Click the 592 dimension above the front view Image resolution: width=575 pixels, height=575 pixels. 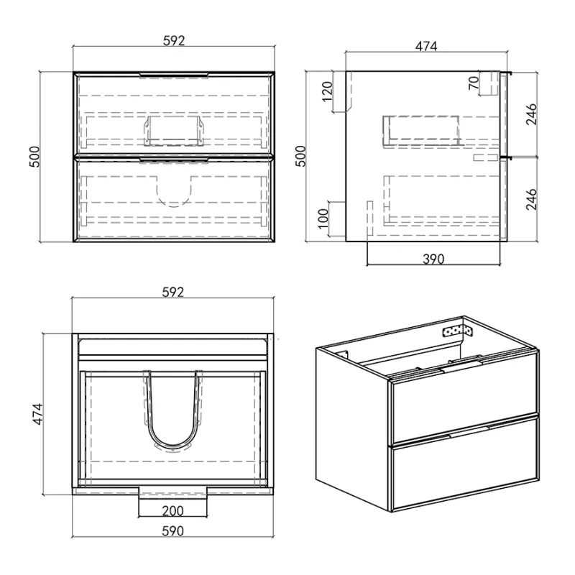pos(174,40)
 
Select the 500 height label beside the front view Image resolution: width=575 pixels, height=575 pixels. pos(34,157)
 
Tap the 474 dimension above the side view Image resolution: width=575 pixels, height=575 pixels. pos(426,46)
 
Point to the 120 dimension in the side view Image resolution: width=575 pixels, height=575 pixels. pos(327,91)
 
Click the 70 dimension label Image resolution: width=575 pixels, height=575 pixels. pos(474,83)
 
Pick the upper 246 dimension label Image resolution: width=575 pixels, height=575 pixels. pos(531,114)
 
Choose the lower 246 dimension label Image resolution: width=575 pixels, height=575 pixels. pos(531,199)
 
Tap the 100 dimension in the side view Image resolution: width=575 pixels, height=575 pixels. pos(323,218)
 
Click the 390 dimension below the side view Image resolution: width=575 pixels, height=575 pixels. pos(433,259)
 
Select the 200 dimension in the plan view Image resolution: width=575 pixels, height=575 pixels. pos(172,510)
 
